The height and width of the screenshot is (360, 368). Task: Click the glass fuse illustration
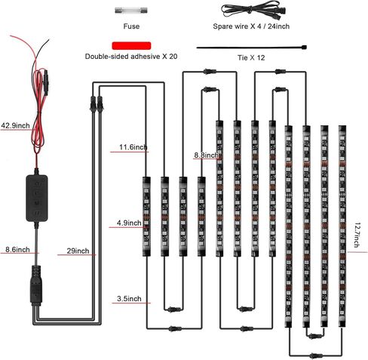pos(131,11)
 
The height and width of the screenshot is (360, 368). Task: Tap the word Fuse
pos(131,26)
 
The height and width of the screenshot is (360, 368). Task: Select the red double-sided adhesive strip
pos(131,46)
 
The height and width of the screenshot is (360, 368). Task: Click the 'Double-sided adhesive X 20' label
pos(131,57)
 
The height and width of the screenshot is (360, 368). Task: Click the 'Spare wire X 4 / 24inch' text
pos(251,26)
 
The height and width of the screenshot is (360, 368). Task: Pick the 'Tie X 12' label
pos(251,57)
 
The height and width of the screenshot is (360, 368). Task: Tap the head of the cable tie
pos(305,47)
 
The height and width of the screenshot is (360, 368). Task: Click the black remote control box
pos(37,198)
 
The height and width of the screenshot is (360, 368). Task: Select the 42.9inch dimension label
pos(15,125)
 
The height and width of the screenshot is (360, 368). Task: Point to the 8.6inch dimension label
pos(17,250)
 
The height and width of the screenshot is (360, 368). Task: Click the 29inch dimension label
pos(78,251)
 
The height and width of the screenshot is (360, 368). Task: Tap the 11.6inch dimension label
pos(133,147)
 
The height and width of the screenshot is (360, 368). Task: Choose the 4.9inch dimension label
pos(129,223)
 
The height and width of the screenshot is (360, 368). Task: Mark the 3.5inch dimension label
pos(129,299)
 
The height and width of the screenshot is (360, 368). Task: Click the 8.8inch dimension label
pos(206,155)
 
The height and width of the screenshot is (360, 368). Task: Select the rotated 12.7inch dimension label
pos(357,235)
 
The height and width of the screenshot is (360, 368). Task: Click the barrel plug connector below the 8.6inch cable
pos(36,285)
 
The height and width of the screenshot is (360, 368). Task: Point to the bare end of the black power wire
pos(48,41)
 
